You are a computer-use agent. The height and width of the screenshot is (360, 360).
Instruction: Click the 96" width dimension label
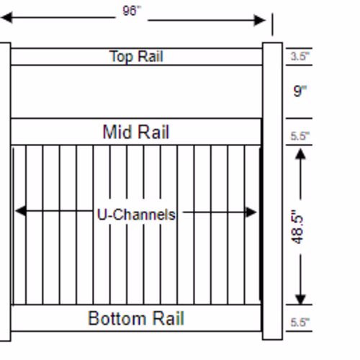tap(132, 11)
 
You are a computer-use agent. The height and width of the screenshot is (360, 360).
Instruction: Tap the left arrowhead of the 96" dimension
tap(6, 17)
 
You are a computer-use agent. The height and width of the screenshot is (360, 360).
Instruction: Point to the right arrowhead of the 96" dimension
tap(260, 20)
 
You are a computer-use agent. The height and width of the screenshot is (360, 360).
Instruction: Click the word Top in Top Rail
tap(122, 57)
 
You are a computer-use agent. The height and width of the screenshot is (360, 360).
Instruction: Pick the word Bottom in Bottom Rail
tap(117, 318)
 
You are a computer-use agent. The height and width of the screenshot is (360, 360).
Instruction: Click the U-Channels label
tap(136, 215)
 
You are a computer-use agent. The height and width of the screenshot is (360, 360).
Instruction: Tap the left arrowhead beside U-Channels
tap(21, 211)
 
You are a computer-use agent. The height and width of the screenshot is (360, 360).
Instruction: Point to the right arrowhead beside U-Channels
tap(251, 212)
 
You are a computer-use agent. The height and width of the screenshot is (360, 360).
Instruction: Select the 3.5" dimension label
tap(300, 56)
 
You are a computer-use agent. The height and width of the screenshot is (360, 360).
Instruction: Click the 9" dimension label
tap(300, 91)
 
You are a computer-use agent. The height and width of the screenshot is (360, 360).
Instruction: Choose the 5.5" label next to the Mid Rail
tap(300, 136)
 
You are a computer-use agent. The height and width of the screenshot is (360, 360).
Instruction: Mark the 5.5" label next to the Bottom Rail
tap(300, 323)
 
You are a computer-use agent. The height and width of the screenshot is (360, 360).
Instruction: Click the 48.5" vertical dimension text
tap(297, 227)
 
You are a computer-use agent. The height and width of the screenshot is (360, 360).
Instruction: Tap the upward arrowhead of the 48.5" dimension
tap(300, 154)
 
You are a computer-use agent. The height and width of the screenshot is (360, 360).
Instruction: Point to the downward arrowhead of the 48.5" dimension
tap(300, 299)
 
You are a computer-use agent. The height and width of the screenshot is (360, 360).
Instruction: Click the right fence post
tap(272, 191)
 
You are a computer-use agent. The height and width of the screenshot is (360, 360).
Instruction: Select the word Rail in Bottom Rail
tap(168, 318)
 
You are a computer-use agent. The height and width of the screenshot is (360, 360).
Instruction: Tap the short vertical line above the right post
tap(272, 24)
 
